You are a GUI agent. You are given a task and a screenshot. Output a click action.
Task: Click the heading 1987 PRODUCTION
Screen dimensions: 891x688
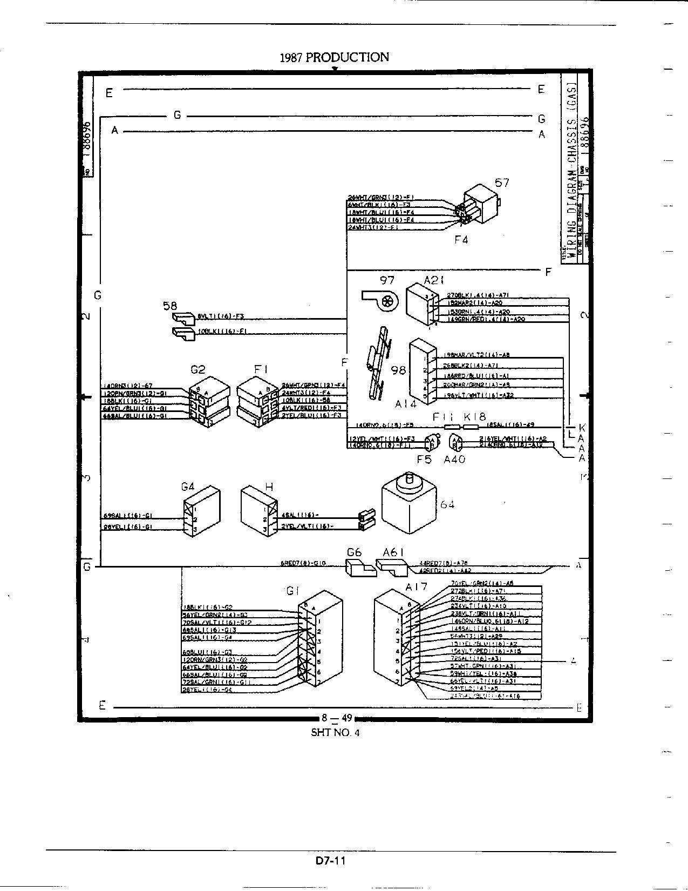(x=334, y=57)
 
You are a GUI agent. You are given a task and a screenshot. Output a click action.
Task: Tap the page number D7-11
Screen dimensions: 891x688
(x=331, y=860)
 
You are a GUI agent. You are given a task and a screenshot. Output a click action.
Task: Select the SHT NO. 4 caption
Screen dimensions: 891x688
(x=335, y=733)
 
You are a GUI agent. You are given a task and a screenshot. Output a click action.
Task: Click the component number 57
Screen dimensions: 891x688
(x=502, y=183)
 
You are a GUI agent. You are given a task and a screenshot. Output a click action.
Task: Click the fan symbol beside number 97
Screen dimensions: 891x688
(x=382, y=300)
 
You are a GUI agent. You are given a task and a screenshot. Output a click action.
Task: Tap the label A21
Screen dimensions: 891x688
(x=434, y=280)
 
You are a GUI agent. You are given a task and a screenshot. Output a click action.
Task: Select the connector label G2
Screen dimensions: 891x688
(x=198, y=370)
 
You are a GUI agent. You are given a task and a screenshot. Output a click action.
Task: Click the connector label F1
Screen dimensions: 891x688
(x=262, y=370)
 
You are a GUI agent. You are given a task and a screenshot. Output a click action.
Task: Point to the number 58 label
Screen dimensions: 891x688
(x=170, y=306)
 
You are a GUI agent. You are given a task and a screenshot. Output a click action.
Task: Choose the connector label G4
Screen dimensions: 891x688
(x=188, y=487)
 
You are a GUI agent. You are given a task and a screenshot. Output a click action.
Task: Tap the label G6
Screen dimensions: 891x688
(x=354, y=552)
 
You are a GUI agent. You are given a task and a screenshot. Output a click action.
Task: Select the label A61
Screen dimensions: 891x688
(x=393, y=552)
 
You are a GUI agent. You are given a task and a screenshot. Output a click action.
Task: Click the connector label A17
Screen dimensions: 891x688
(x=416, y=586)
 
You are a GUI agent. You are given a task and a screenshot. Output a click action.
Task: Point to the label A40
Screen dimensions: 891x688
(x=454, y=460)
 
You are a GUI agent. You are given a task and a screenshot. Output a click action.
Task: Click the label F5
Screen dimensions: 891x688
(x=425, y=460)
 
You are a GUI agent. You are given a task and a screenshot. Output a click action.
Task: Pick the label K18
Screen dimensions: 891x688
(x=475, y=417)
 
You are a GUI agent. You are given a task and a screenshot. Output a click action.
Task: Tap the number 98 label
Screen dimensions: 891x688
(x=399, y=370)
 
